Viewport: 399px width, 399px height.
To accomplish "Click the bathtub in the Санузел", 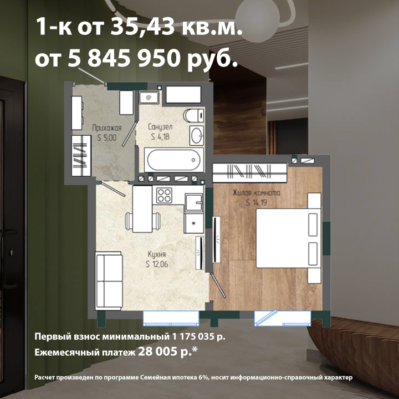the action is pyautogui.click(x=174, y=160).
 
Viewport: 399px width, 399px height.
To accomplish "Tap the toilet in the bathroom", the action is pyautogui.click(x=194, y=116).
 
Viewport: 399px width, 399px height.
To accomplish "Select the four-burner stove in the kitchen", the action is pyautogui.click(x=164, y=195).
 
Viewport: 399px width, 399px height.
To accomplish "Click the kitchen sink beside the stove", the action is pyautogui.click(x=194, y=203).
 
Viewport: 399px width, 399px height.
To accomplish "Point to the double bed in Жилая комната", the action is pyautogui.click(x=288, y=238).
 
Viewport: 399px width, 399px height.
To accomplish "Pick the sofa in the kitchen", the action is pyautogui.click(x=109, y=280).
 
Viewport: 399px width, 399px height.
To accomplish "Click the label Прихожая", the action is pyautogui.click(x=106, y=128).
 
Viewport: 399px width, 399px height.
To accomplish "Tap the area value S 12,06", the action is pyautogui.click(x=157, y=264).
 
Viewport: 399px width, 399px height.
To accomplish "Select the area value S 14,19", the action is pyautogui.click(x=257, y=203).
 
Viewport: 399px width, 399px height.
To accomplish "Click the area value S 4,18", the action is pyautogui.click(x=160, y=137).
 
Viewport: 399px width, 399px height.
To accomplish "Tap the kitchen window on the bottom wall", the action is pyautogui.click(x=171, y=318).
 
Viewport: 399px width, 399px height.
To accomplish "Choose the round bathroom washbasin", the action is pyautogui.click(x=197, y=135).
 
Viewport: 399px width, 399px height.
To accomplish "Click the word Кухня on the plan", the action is pyautogui.click(x=157, y=254).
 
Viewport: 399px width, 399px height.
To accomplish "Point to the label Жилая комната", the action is pyautogui.click(x=257, y=193).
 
